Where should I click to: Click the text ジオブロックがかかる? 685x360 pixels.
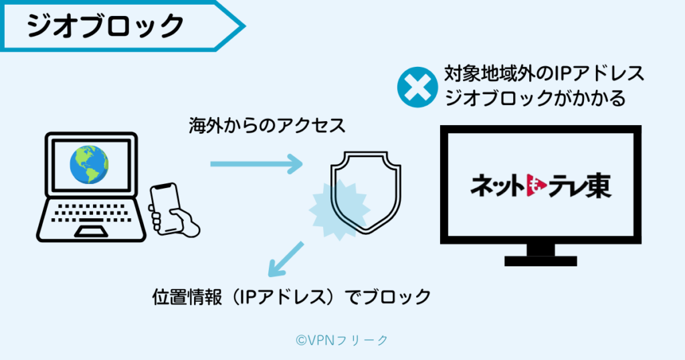535,98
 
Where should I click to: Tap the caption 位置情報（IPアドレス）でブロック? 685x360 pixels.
292,296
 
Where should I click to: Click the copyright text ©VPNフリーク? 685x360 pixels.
341,340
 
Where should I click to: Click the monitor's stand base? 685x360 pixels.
541,259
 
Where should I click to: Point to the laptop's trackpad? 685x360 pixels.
90,231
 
